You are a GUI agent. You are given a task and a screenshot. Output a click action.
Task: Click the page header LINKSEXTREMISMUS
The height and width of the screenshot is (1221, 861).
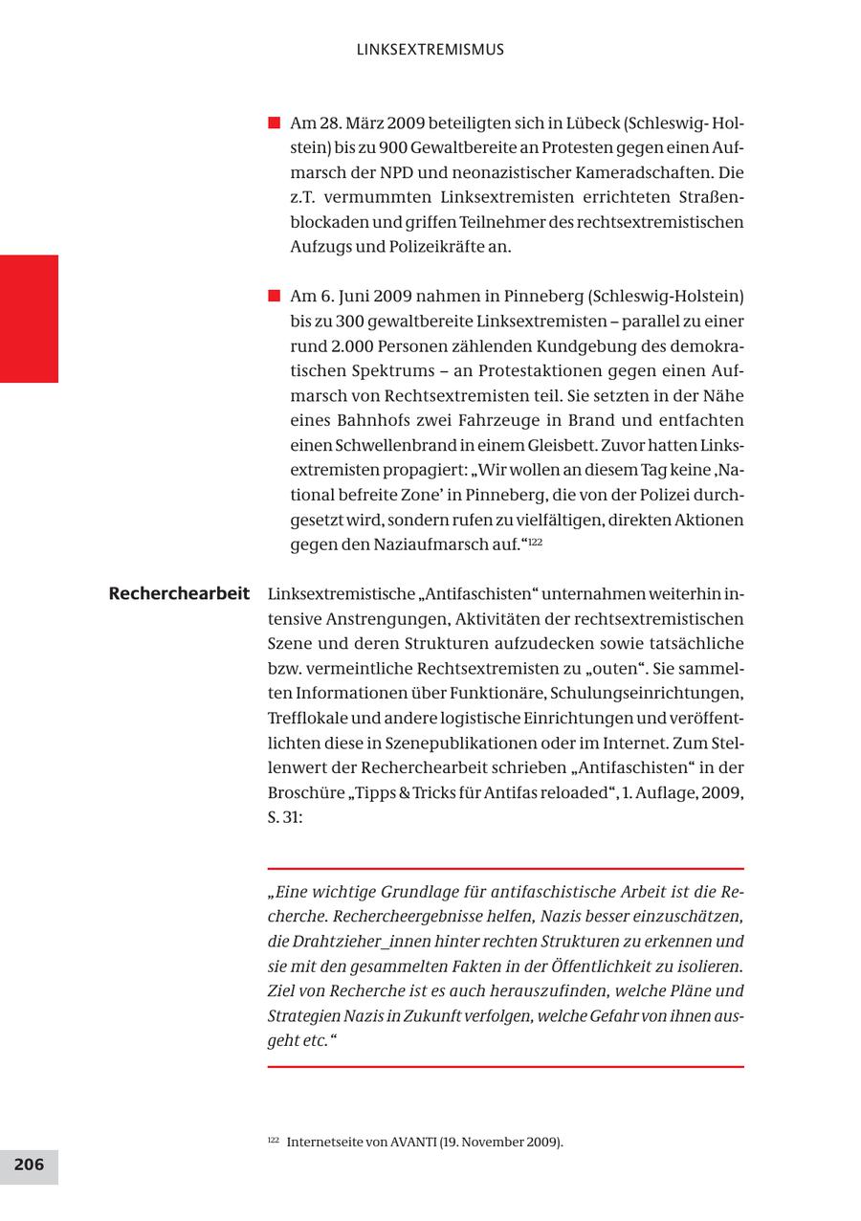[430, 50]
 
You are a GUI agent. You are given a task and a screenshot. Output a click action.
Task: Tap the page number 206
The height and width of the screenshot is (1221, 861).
[29, 1165]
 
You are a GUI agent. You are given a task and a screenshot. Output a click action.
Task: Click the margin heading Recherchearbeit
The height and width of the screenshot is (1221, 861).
[179, 593]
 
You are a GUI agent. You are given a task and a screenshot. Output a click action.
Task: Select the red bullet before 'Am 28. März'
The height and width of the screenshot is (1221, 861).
[274, 122]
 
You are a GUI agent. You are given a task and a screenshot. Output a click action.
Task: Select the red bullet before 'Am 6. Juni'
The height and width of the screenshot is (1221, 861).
[274, 295]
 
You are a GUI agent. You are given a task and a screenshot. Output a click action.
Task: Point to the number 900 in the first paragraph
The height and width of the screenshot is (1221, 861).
[393, 148]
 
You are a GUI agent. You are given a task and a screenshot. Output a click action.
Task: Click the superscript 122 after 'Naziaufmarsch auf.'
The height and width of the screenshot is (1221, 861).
[537, 542]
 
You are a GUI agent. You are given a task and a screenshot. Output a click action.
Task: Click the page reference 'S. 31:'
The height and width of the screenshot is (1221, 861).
[284, 818]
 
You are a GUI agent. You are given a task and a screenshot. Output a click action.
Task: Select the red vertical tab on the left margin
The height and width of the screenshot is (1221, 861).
[29, 319]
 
